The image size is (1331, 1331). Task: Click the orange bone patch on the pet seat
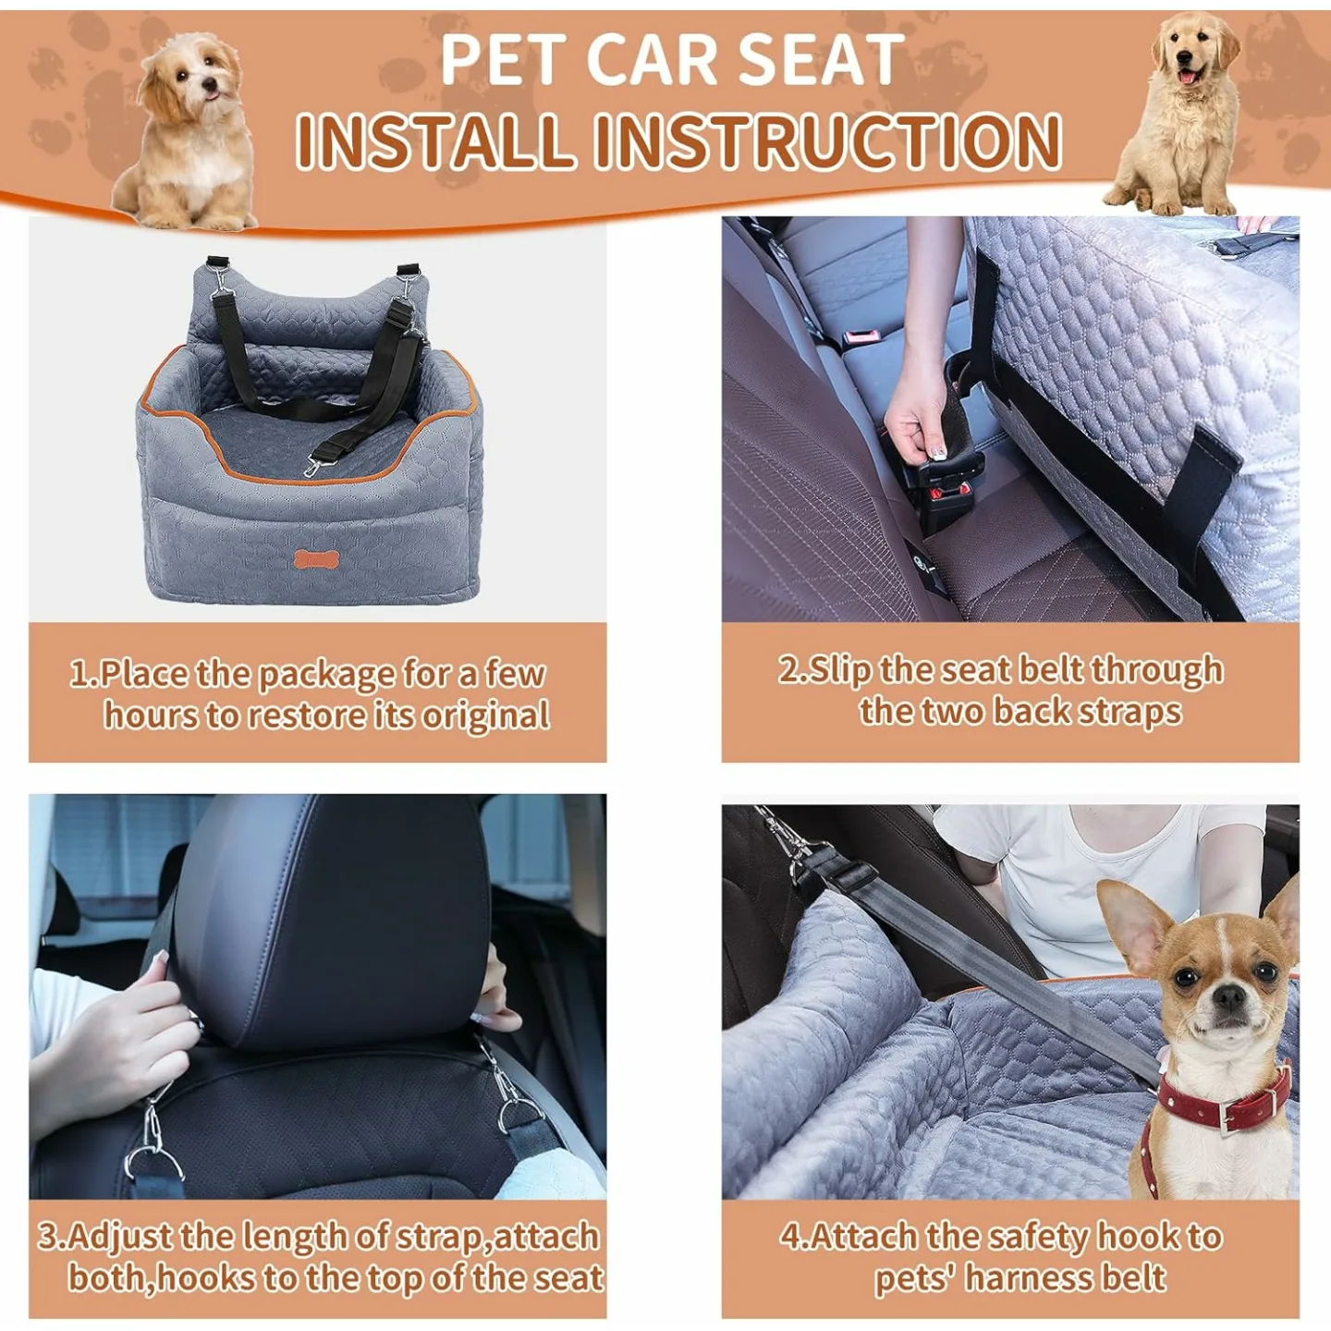point(317,559)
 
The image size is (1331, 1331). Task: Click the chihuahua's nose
point(1228,996)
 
